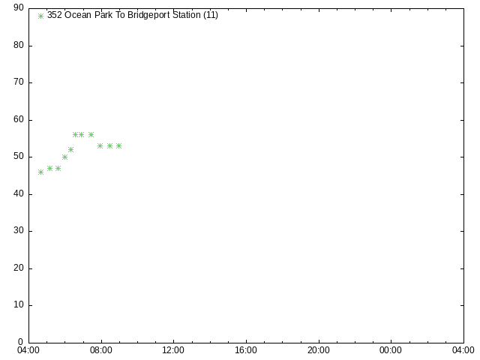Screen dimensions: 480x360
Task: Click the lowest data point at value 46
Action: click(40, 172)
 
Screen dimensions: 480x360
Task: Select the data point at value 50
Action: click(64, 157)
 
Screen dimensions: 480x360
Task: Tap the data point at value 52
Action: click(70, 150)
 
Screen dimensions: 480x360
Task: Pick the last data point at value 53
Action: click(118, 146)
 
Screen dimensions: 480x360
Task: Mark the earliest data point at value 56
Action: click(75, 135)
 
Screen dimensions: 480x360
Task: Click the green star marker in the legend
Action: click(40, 16)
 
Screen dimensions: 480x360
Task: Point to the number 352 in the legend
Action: click(55, 15)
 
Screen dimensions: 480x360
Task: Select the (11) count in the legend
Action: click(211, 15)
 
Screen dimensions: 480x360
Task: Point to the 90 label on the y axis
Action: click(19, 7)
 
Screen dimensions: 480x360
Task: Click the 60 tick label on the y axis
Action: click(19, 119)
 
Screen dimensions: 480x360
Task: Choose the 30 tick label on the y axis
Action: click(19, 230)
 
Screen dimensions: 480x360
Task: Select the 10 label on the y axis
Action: click(19, 304)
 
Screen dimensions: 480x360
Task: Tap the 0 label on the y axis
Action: click(20, 342)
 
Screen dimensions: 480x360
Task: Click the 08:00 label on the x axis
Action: click(101, 350)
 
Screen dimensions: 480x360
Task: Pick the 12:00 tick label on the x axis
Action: click(173, 350)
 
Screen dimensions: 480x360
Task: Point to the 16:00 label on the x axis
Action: click(246, 350)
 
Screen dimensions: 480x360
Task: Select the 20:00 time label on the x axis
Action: click(318, 350)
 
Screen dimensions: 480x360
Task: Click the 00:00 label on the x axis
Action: click(391, 350)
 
